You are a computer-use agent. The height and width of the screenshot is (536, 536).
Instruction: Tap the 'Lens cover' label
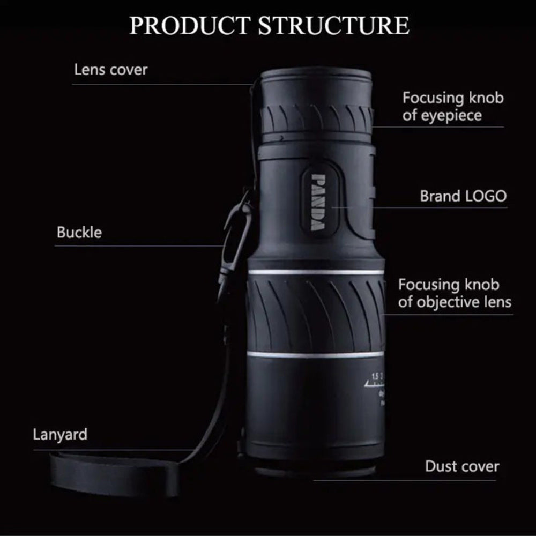110,69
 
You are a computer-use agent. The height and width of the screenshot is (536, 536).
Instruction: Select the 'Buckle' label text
79,233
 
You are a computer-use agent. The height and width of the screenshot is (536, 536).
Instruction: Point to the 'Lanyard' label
59,434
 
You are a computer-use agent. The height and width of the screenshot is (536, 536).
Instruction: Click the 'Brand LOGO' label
463,196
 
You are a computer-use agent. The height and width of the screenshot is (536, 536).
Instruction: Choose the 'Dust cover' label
461,466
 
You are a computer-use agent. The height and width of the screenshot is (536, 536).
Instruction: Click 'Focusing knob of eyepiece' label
453,106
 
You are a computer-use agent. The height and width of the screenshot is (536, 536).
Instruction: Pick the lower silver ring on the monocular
316,354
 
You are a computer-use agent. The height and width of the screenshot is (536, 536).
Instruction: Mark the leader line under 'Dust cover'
407,479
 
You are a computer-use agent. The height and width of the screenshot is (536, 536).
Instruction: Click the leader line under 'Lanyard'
113,449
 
